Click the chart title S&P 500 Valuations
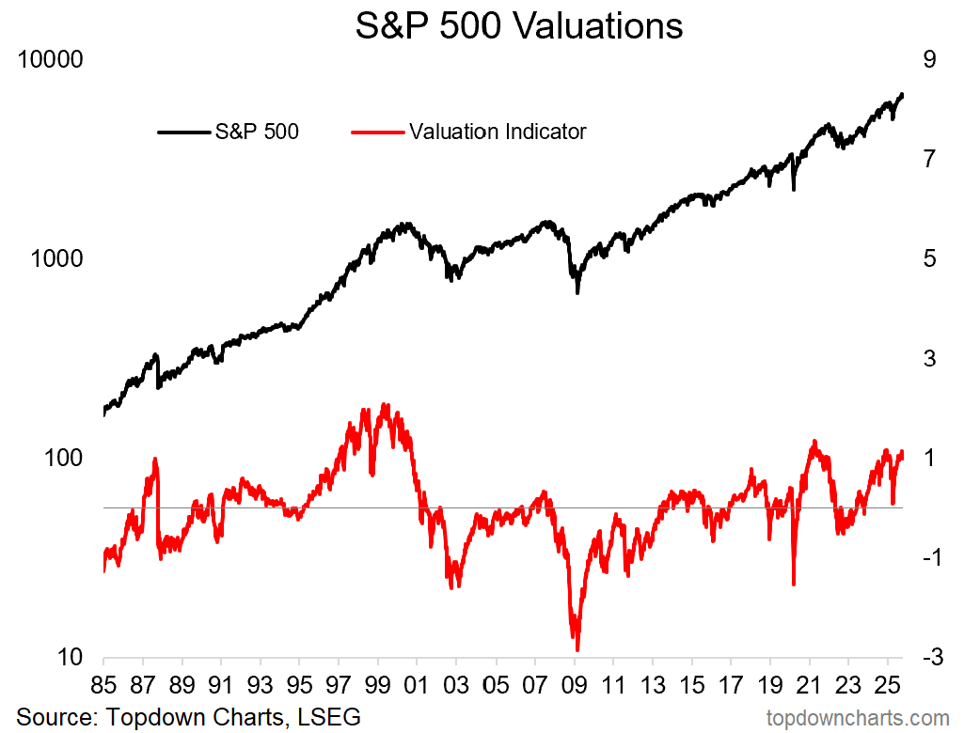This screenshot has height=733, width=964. tap(519, 25)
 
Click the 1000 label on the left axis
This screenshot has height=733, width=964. tap(57, 258)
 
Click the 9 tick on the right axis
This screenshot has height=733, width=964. tap(929, 59)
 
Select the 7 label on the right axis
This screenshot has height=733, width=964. tap(929, 159)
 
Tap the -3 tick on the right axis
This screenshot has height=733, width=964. tap(926, 658)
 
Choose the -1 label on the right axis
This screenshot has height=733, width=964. tap(926, 558)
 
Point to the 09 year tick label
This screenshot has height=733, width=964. tap(575, 682)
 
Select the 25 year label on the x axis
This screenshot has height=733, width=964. tap(889, 682)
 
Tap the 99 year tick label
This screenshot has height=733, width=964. tap(378, 682)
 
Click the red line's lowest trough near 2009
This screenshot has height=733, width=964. tap(577, 648)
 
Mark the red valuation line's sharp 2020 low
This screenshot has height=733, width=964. tap(794, 584)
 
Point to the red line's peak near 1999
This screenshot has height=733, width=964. tap(385, 405)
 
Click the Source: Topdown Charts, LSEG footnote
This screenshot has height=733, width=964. tap(188, 716)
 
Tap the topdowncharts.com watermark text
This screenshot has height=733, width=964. tap(858, 718)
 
